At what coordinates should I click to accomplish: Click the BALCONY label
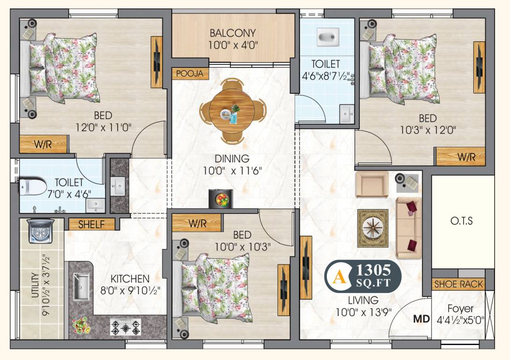click(233, 33)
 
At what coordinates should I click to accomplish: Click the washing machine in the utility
click(41, 231)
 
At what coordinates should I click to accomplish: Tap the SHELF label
click(91, 225)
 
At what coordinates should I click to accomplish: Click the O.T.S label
click(462, 221)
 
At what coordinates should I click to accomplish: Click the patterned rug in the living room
click(373, 228)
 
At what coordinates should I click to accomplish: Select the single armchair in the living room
click(372, 184)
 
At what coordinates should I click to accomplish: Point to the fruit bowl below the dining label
click(221, 199)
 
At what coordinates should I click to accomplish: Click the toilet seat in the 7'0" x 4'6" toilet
click(31, 187)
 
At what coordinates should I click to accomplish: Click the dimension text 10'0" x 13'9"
click(363, 311)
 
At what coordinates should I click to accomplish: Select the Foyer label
click(460, 309)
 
